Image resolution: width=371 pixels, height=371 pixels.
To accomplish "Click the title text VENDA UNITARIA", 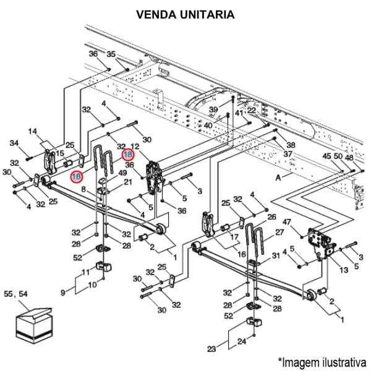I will [185, 14].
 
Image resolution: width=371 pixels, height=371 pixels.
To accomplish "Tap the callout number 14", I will [33, 131].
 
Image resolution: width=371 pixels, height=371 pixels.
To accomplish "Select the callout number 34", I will [14, 143].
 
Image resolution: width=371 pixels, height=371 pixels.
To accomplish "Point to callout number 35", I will [111, 54].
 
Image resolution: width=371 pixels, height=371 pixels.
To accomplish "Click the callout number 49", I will [122, 174].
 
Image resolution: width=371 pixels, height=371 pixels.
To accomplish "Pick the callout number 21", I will [128, 182].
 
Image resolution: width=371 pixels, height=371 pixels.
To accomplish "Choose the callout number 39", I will [213, 109].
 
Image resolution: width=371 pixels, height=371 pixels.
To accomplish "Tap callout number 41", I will [239, 114].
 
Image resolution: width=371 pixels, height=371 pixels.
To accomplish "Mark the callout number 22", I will [252, 110].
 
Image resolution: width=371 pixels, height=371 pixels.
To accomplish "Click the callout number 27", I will [279, 233].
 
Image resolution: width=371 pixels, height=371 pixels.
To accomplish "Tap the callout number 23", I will [212, 349].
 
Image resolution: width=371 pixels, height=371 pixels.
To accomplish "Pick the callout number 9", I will [62, 292].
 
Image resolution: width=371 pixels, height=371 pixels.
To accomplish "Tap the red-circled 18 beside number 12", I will [128, 155].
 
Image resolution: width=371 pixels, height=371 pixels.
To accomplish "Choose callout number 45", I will [327, 157].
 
